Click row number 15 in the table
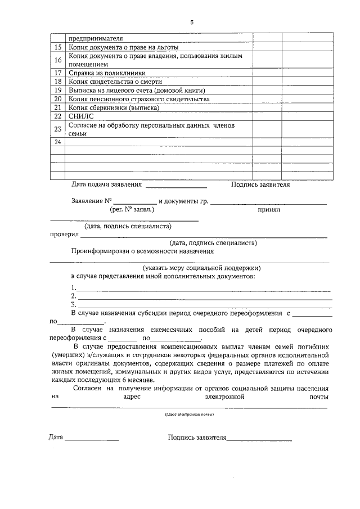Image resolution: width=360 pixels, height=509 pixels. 58,48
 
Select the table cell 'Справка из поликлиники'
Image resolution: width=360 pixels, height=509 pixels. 107,73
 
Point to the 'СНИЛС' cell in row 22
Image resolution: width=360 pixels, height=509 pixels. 79,116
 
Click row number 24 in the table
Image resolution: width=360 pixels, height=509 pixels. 58,142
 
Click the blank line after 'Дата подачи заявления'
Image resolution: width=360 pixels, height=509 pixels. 176,186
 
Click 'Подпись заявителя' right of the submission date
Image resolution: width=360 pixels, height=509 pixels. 260,184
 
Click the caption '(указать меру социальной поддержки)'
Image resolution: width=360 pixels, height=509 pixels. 201,268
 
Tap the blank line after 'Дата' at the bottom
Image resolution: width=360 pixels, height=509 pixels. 92,439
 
